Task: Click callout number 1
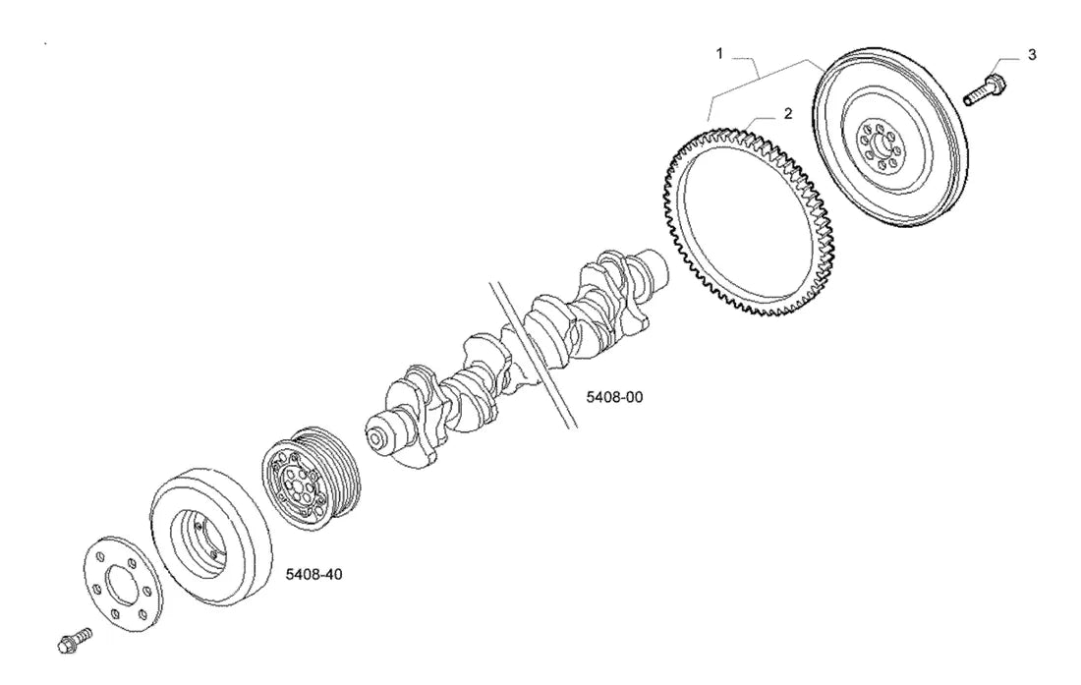(719, 53)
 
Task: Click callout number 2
(788, 114)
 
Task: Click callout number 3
(1031, 55)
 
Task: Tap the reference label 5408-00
(614, 397)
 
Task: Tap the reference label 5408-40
(313, 574)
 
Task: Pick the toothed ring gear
(748, 219)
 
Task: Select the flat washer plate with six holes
(119, 580)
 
